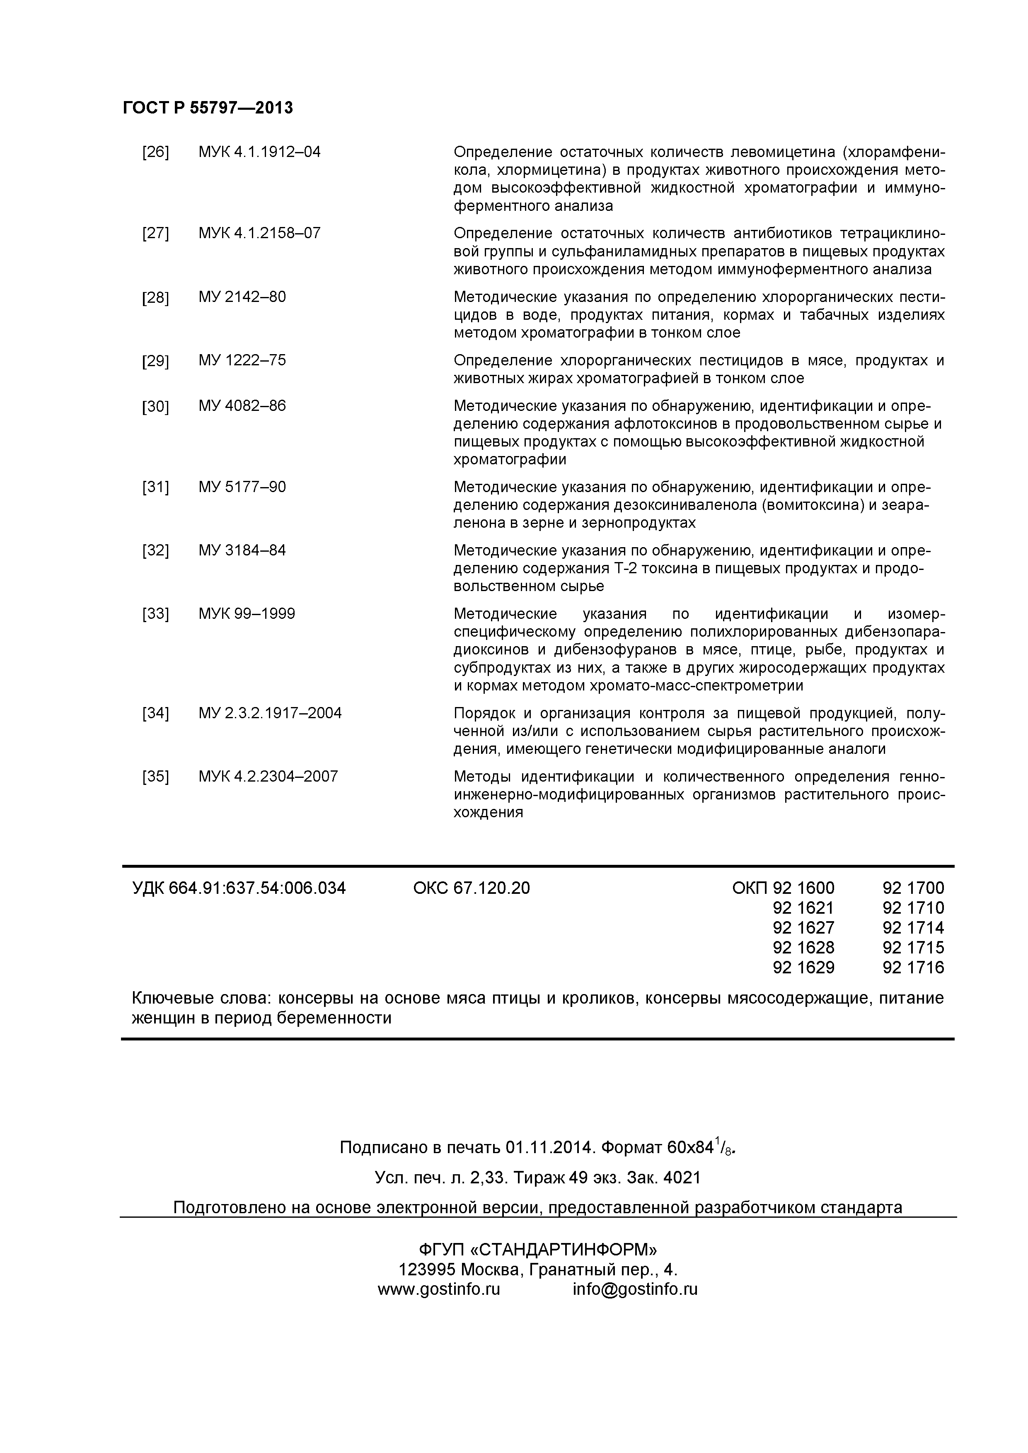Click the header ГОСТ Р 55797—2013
coord(208,108)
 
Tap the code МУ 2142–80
coord(242,297)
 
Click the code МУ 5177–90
coord(242,487)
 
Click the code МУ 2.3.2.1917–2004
coord(270,713)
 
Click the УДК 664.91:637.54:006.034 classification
coord(239,888)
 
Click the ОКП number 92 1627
coord(803,928)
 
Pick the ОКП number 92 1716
coord(913,967)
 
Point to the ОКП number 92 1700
coord(913,888)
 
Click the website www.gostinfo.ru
coord(439,1289)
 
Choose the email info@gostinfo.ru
coord(634,1289)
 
